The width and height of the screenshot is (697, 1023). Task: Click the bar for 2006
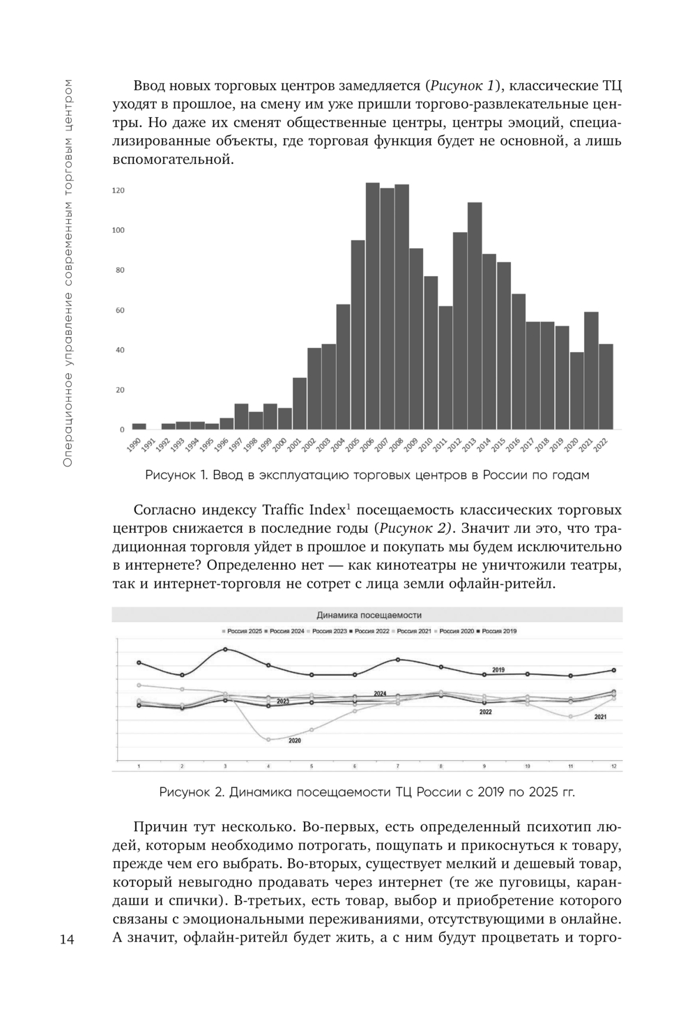[x=373, y=306]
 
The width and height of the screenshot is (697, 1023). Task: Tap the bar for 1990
[x=139, y=426]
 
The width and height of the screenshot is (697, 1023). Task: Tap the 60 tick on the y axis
[x=120, y=310]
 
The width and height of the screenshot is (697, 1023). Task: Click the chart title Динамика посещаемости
[x=369, y=615]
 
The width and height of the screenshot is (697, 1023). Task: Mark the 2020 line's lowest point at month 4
[x=268, y=739]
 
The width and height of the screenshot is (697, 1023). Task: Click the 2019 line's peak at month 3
[x=225, y=649]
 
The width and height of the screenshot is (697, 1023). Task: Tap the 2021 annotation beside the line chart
[x=600, y=717]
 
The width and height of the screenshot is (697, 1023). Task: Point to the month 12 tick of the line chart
[x=613, y=766]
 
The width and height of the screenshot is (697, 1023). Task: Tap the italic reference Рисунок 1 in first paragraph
[x=461, y=86]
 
